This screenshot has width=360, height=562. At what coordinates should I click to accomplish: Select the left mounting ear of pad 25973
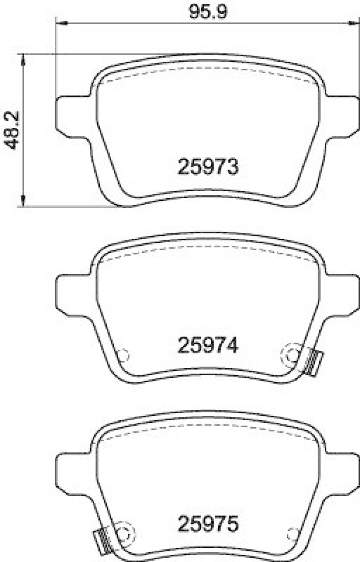pyautogui.click(x=70, y=113)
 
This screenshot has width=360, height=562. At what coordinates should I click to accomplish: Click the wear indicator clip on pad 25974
pyautogui.click(x=314, y=361)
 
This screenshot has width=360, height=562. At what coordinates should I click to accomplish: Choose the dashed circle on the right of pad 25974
pyautogui.click(x=290, y=356)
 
